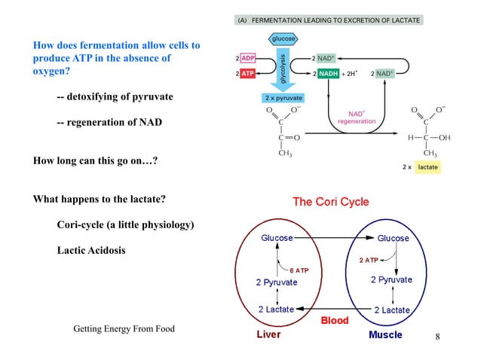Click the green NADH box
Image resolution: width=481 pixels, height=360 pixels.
[x=329, y=74]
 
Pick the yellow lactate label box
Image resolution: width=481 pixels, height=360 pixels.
[x=427, y=166]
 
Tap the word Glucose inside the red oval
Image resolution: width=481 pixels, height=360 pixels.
[x=277, y=238]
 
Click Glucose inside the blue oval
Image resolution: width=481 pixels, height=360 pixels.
[x=394, y=238]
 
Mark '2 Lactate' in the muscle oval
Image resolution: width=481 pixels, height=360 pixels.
[x=392, y=310]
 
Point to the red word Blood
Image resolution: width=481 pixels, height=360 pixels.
[x=335, y=320]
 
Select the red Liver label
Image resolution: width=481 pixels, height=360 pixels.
[x=267, y=334]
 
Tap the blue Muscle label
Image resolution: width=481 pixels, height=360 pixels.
[x=385, y=334]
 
